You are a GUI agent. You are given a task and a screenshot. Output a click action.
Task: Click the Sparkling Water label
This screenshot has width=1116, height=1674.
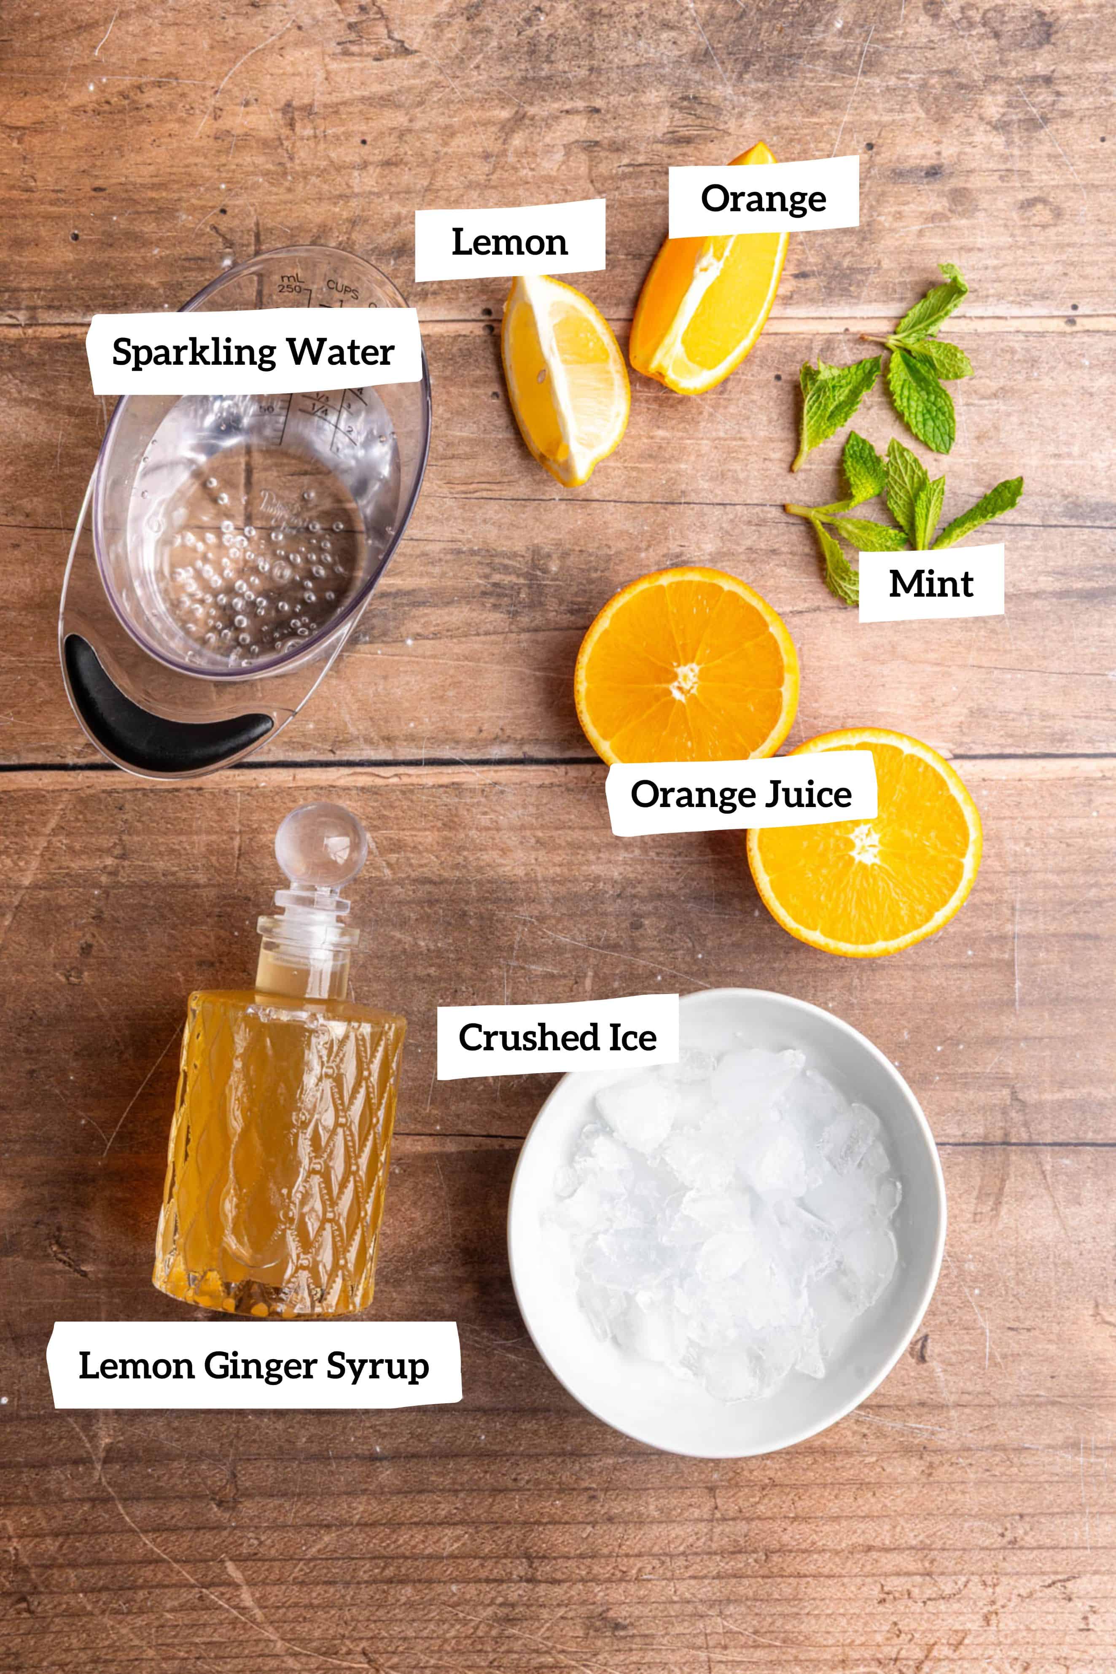(x=253, y=352)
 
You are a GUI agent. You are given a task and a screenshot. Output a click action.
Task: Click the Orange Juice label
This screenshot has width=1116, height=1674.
(x=741, y=794)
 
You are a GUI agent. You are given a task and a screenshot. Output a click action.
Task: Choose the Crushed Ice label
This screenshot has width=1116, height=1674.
(x=557, y=1037)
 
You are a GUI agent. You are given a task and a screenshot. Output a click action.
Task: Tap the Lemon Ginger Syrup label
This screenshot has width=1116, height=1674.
(x=254, y=1365)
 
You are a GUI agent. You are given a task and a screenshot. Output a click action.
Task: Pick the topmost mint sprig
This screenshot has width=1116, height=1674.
(x=932, y=306)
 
